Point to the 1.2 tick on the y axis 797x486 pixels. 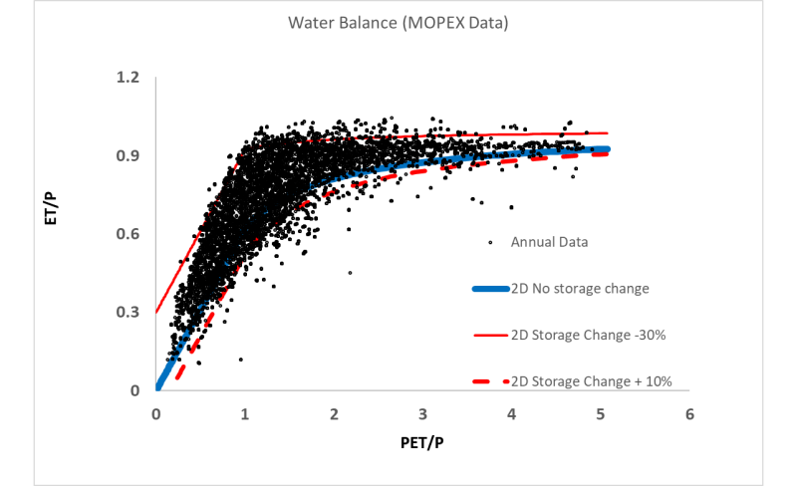[x=129, y=78]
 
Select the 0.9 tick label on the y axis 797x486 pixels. [x=129, y=155]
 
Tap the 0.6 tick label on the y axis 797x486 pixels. [x=129, y=234]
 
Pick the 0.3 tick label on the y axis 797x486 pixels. [x=129, y=312]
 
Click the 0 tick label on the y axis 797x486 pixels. [x=135, y=390]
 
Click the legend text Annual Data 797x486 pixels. [x=550, y=241]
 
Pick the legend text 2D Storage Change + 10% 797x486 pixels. [x=589, y=381]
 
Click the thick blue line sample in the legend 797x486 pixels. [x=489, y=289]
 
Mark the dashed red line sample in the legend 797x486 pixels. [x=489, y=381]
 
